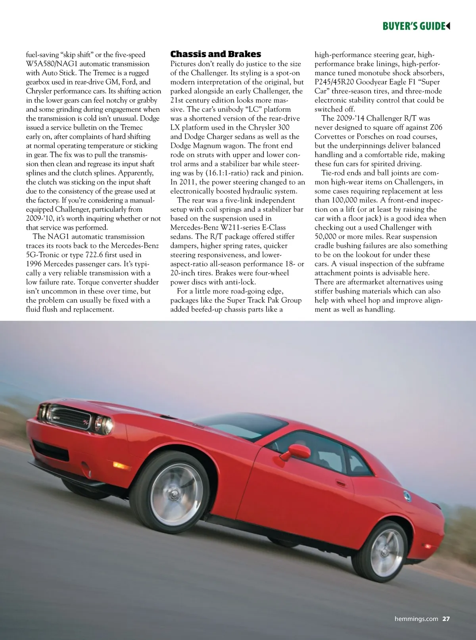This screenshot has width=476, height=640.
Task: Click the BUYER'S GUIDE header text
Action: click(414, 27)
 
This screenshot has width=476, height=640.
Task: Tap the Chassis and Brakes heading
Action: click(215, 54)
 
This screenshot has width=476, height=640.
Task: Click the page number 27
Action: click(446, 619)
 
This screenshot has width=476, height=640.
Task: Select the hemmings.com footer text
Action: click(416, 619)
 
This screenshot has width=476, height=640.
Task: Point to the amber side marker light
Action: click(119, 465)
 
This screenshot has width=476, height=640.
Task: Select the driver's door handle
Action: click(340, 483)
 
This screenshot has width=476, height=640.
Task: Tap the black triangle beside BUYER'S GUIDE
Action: click(448, 26)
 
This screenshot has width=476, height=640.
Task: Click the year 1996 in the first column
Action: click(35, 264)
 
